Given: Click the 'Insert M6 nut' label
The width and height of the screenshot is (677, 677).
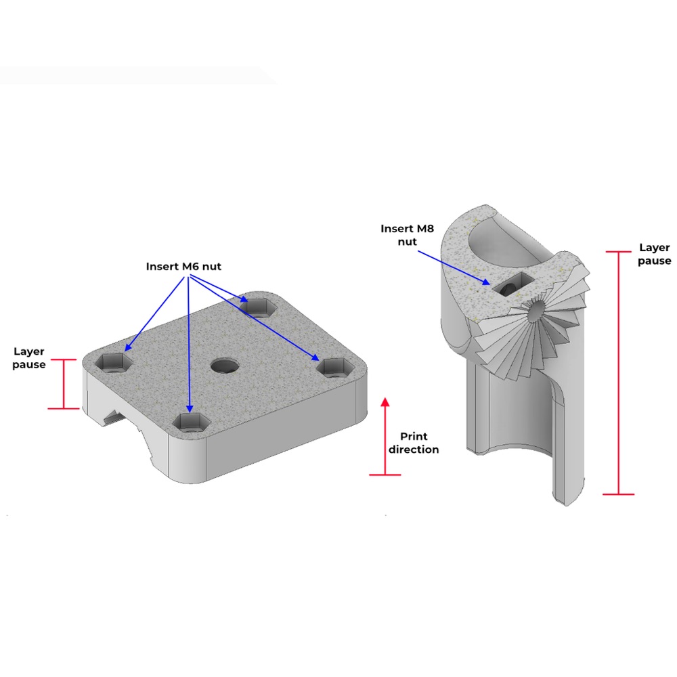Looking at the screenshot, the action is pyautogui.click(x=183, y=266).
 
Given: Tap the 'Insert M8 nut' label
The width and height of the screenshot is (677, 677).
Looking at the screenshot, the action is pyautogui.click(x=407, y=235).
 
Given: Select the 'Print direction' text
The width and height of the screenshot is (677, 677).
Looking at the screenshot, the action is pyautogui.click(x=414, y=443).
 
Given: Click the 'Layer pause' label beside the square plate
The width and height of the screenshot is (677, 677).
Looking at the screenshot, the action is pyautogui.click(x=29, y=358).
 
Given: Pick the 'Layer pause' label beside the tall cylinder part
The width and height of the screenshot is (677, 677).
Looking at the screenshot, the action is pyautogui.click(x=655, y=254).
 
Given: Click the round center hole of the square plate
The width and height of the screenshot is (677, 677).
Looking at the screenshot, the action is pyautogui.click(x=225, y=366).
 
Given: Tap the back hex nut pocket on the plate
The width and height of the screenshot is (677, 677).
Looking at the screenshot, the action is pyautogui.click(x=258, y=307).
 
